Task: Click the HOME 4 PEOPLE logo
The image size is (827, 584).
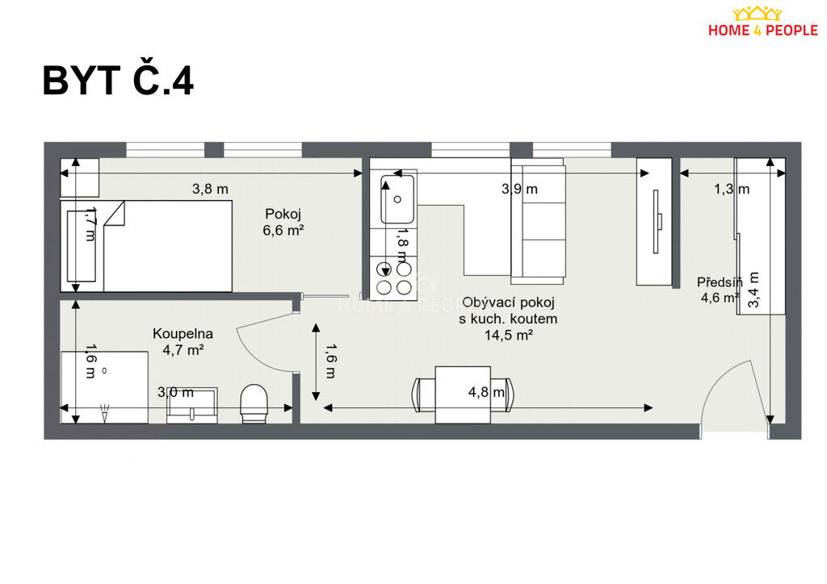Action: (762, 22)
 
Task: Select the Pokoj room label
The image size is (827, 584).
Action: (283, 214)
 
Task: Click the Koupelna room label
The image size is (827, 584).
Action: (183, 333)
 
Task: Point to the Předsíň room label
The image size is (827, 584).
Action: (720, 282)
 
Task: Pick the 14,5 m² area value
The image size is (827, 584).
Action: (509, 335)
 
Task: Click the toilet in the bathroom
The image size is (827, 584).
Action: (254, 403)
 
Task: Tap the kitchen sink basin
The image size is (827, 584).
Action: (397, 199)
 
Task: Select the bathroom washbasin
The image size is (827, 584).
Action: (192, 406)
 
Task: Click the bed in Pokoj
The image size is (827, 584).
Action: (146, 246)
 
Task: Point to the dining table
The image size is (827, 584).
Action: (463, 395)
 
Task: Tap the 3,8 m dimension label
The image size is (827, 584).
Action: (210, 189)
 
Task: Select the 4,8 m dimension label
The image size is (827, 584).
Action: (486, 392)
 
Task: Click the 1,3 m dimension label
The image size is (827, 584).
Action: (732, 189)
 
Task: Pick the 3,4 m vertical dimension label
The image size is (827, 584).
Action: (754, 290)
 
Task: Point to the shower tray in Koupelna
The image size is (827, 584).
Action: (104, 387)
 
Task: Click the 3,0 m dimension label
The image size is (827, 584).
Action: (175, 392)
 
